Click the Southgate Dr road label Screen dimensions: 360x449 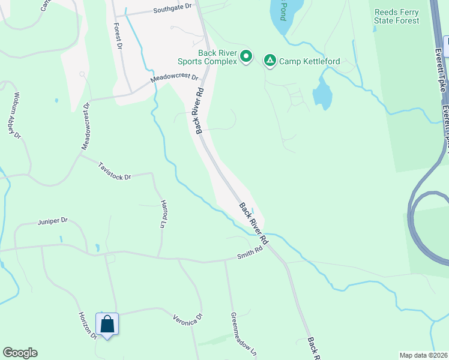point(172,10)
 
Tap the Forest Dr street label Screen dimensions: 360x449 point(118,37)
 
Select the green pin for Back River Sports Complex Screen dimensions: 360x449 point(246,57)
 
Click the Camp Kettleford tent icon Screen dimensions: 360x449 point(271,60)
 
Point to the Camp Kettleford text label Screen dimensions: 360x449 point(309,61)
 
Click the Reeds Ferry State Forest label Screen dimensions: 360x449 point(396,16)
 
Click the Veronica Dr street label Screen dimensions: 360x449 point(188,319)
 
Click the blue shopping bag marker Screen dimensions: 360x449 point(107,325)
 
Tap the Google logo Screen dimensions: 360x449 point(20,353)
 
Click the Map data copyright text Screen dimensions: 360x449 point(423,355)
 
